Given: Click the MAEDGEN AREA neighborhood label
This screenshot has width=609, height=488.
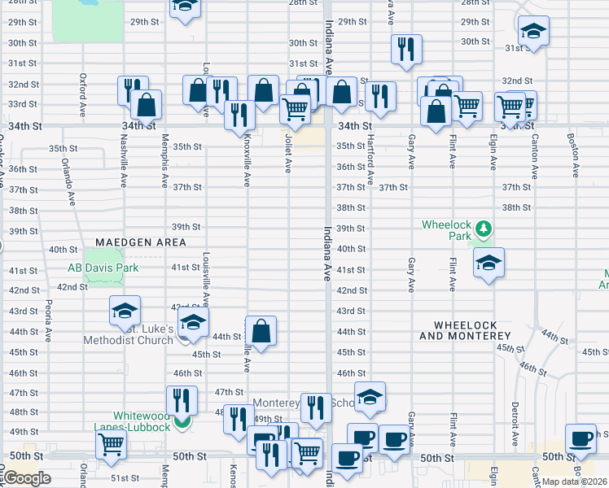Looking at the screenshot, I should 140,242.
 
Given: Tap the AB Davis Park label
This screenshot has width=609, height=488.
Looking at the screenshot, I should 103,268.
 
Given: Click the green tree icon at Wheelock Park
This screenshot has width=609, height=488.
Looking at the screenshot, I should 484,229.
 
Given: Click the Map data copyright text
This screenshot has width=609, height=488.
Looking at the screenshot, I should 575,481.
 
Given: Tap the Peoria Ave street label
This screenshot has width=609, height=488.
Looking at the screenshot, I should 48,322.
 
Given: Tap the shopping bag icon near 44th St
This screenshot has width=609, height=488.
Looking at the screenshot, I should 261,331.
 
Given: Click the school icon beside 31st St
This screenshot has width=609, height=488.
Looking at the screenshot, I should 534,32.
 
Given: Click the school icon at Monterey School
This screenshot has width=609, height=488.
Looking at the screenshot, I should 370,397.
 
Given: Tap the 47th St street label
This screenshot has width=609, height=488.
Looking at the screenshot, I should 230,392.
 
